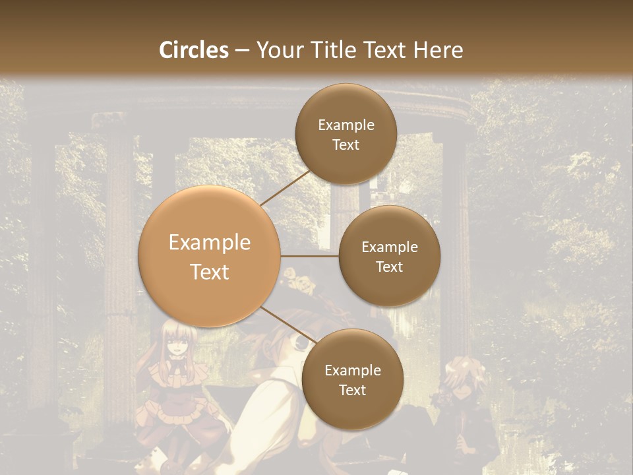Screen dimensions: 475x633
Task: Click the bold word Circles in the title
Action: tap(193, 50)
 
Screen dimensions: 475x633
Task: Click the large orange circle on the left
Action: tap(210, 257)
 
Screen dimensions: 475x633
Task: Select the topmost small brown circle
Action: tap(346, 133)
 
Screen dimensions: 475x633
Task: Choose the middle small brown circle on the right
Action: tap(389, 256)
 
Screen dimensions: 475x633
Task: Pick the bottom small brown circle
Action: tap(352, 379)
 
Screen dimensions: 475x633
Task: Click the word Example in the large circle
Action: tap(210, 243)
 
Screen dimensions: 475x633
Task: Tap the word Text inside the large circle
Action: tap(210, 272)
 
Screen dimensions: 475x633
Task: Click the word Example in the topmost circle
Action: tap(346, 125)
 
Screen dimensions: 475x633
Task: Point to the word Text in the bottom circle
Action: tap(352, 390)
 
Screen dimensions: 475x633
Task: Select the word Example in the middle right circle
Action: tap(389, 247)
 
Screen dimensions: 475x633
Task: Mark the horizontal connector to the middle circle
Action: tap(309, 256)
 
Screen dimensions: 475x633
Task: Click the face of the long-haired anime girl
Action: tap(176, 343)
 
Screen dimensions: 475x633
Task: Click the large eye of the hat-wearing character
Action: tap(301, 342)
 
